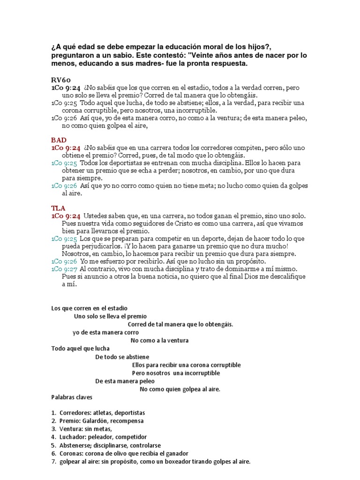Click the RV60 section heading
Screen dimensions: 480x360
pos(60,80)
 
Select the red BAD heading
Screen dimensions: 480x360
pos(59,140)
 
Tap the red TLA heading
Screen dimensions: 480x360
pos(58,207)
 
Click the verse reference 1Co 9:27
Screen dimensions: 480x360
pos(64,269)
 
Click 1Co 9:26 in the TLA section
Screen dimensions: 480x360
pos(64,261)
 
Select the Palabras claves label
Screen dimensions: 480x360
pos(72,397)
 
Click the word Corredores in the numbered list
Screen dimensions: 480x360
pos(76,412)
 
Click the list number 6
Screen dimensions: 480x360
pos(53,453)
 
